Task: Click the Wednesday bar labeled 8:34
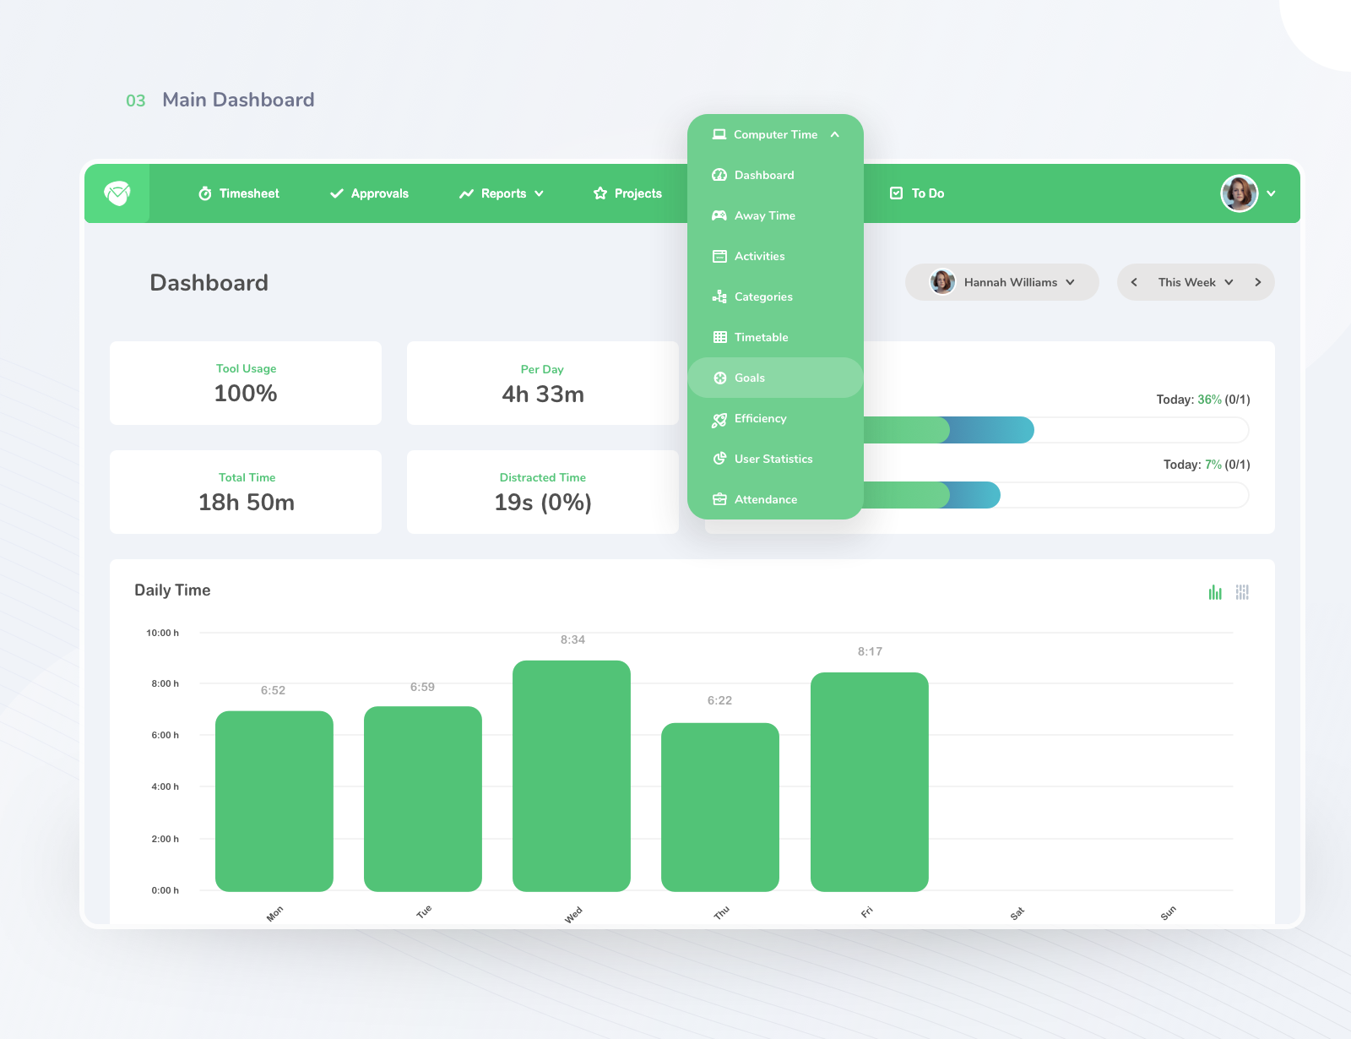pyautogui.click(x=572, y=775)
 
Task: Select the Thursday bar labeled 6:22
pyautogui.click(x=719, y=807)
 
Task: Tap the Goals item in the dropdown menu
pyautogui.click(x=749, y=378)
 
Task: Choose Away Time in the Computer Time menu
pyautogui.click(x=764, y=215)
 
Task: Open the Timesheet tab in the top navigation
pyautogui.click(x=239, y=193)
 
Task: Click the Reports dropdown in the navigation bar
pyautogui.click(x=502, y=193)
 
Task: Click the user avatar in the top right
pyautogui.click(x=1239, y=193)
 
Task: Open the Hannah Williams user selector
pyautogui.click(x=1002, y=282)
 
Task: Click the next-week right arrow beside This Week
pyautogui.click(x=1257, y=282)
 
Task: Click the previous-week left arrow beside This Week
pyautogui.click(x=1134, y=282)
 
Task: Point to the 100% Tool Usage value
pyautogui.click(x=246, y=394)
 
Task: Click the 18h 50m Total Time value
pyautogui.click(x=247, y=503)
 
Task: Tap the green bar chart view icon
pyautogui.click(x=1215, y=592)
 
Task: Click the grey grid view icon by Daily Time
pyautogui.click(x=1242, y=592)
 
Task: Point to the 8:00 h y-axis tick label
pyautogui.click(x=165, y=683)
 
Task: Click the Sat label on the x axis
pyautogui.click(x=1017, y=913)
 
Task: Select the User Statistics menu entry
pyautogui.click(x=773, y=459)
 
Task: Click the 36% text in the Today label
pyautogui.click(x=1209, y=400)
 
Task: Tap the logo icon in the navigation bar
pyautogui.click(x=117, y=193)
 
